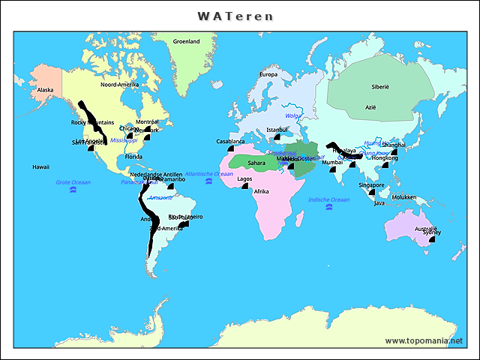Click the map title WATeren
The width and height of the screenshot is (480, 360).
pos(235,16)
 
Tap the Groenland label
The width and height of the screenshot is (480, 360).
pos(186,42)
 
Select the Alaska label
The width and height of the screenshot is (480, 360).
pos(46,91)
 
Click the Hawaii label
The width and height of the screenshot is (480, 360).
pos(40,166)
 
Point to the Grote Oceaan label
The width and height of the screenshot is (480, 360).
pos(73,182)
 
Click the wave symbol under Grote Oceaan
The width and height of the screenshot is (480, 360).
pos(73,190)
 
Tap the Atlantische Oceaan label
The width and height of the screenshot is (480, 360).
pos(208,173)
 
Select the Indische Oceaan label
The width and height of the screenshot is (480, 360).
pos(328,199)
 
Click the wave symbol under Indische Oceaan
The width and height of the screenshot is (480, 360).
pos(328,208)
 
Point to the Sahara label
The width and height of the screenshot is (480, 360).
pos(256,163)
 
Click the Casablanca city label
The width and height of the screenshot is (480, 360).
pos(230,141)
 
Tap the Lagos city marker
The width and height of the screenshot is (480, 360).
pos(244,186)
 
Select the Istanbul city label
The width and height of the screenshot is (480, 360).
pos(277,129)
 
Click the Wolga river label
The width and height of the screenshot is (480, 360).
pos(292,115)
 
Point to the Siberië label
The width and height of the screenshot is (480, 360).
pos(380,87)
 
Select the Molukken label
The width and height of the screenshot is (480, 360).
pos(403,196)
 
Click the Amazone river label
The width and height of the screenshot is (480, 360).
pos(160,198)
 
